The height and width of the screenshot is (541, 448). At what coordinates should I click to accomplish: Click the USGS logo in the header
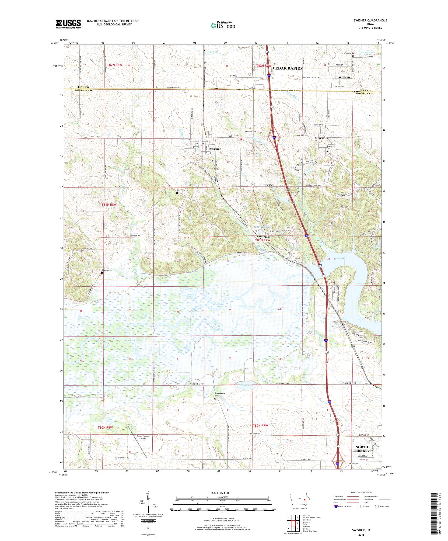pyautogui.click(x=68, y=24)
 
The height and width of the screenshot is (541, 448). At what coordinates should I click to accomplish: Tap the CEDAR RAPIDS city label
pyautogui.click(x=284, y=69)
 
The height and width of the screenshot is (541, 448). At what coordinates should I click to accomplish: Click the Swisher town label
pyautogui.click(x=215, y=149)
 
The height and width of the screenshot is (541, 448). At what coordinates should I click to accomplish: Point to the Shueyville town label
pyautogui.click(x=322, y=138)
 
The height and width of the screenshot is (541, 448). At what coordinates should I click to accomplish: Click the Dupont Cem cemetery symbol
pyautogui.click(x=102, y=273)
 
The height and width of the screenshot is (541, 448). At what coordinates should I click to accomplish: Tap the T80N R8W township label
pyautogui.click(x=105, y=428)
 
